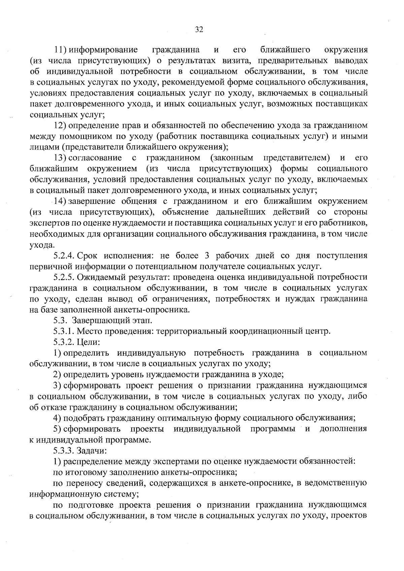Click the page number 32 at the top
199,30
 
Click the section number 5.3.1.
64,332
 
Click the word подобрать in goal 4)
84,418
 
